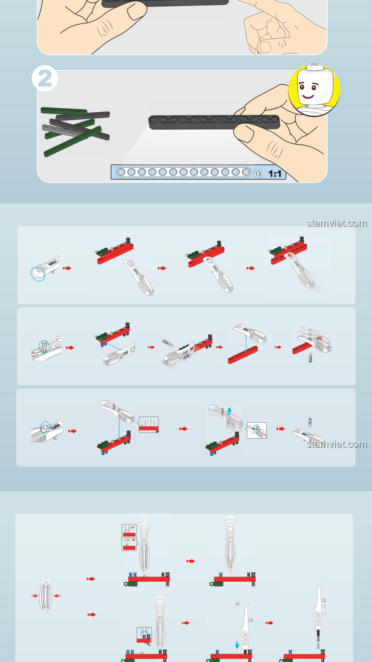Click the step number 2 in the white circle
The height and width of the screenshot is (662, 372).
click(44, 78)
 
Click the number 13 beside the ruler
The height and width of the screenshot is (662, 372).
click(258, 173)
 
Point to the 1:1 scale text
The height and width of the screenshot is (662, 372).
click(275, 173)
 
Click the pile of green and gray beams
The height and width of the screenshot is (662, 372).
click(75, 131)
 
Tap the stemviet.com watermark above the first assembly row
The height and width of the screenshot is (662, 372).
click(337, 223)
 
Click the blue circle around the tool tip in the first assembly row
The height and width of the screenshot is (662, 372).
click(38, 274)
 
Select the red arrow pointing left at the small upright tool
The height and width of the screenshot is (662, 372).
click(58, 595)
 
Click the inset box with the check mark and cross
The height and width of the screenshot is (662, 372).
click(129, 537)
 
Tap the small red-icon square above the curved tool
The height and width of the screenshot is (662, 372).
click(237, 604)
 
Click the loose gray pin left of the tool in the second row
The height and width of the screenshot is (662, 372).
click(168, 343)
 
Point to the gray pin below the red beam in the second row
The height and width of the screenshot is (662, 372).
click(310, 358)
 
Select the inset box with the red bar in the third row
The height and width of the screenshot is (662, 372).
click(149, 424)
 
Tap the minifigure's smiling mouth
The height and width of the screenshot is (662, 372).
click(308, 96)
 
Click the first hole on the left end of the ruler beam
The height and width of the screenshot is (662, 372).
click(121, 172)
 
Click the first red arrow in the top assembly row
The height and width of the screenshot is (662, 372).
click(67, 268)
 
